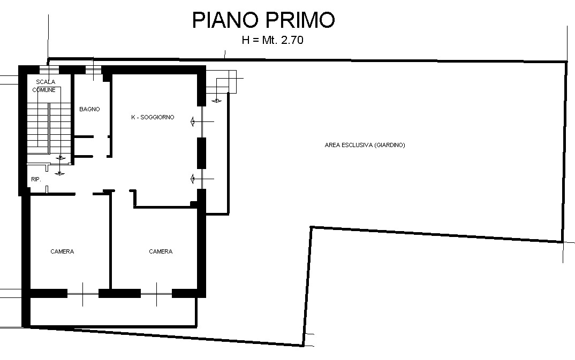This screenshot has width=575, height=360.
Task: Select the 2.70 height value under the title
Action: (x=292, y=40)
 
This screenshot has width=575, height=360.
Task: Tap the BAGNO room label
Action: (x=89, y=109)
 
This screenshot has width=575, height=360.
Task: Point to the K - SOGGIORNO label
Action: (x=153, y=117)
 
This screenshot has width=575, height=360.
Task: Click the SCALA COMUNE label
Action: (x=45, y=86)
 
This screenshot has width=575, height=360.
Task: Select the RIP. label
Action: (x=36, y=179)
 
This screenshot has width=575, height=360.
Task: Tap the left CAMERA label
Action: (x=62, y=251)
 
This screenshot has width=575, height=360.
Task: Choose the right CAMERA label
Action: (x=161, y=251)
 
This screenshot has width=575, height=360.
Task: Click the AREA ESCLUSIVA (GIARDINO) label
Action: (x=365, y=145)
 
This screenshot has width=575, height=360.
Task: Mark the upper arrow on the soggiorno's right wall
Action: (x=202, y=121)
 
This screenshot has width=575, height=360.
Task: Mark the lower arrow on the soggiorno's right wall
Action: (x=202, y=179)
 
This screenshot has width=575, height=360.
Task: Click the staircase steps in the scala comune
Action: (x=49, y=128)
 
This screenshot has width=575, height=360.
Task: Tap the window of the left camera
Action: (x=83, y=294)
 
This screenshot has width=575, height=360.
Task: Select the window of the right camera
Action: (x=156, y=294)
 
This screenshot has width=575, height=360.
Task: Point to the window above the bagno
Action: (x=94, y=69)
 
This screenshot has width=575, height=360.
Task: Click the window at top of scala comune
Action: (x=49, y=69)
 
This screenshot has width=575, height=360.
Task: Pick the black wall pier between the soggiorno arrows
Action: (x=202, y=153)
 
